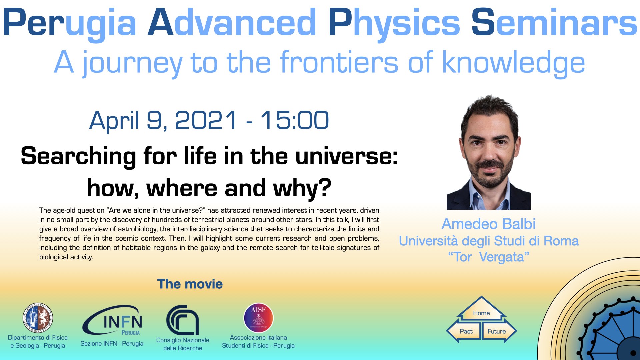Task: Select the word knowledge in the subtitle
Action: [x=514, y=63]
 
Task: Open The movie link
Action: [x=190, y=284]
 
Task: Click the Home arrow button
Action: [x=481, y=309]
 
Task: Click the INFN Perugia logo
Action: [x=113, y=320]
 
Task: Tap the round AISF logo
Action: [x=258, y=318]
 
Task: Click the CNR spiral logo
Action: [x=183, y=320]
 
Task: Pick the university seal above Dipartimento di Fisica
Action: [x=38, y=318]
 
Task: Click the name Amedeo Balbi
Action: [x=488, y=224]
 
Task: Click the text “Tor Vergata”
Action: [x=488, y=257]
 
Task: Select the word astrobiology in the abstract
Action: [x=137, y=229]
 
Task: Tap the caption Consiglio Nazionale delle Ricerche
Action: [x=183, y=344]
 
